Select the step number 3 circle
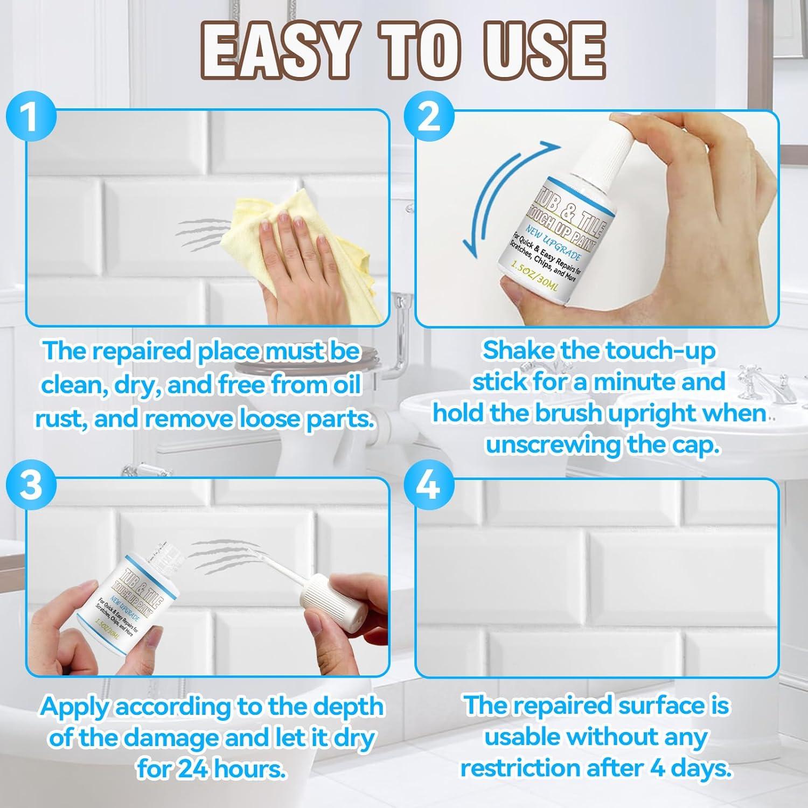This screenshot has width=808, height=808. [x=31, y=485]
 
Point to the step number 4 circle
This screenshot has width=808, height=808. [x=428, y=485]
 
